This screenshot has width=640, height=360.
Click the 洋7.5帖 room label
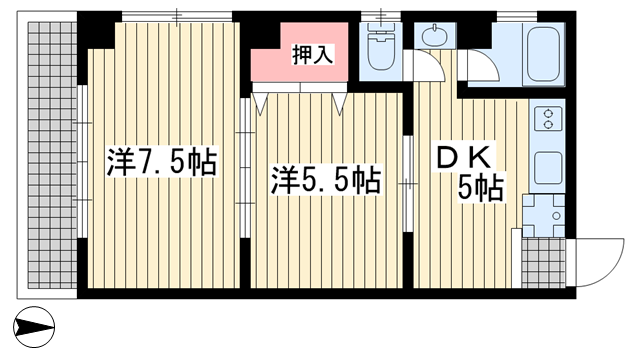161,161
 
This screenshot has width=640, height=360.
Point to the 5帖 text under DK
480,187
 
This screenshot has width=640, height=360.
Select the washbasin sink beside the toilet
436,39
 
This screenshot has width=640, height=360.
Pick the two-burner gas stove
549,120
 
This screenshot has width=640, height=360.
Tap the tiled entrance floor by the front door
543,262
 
